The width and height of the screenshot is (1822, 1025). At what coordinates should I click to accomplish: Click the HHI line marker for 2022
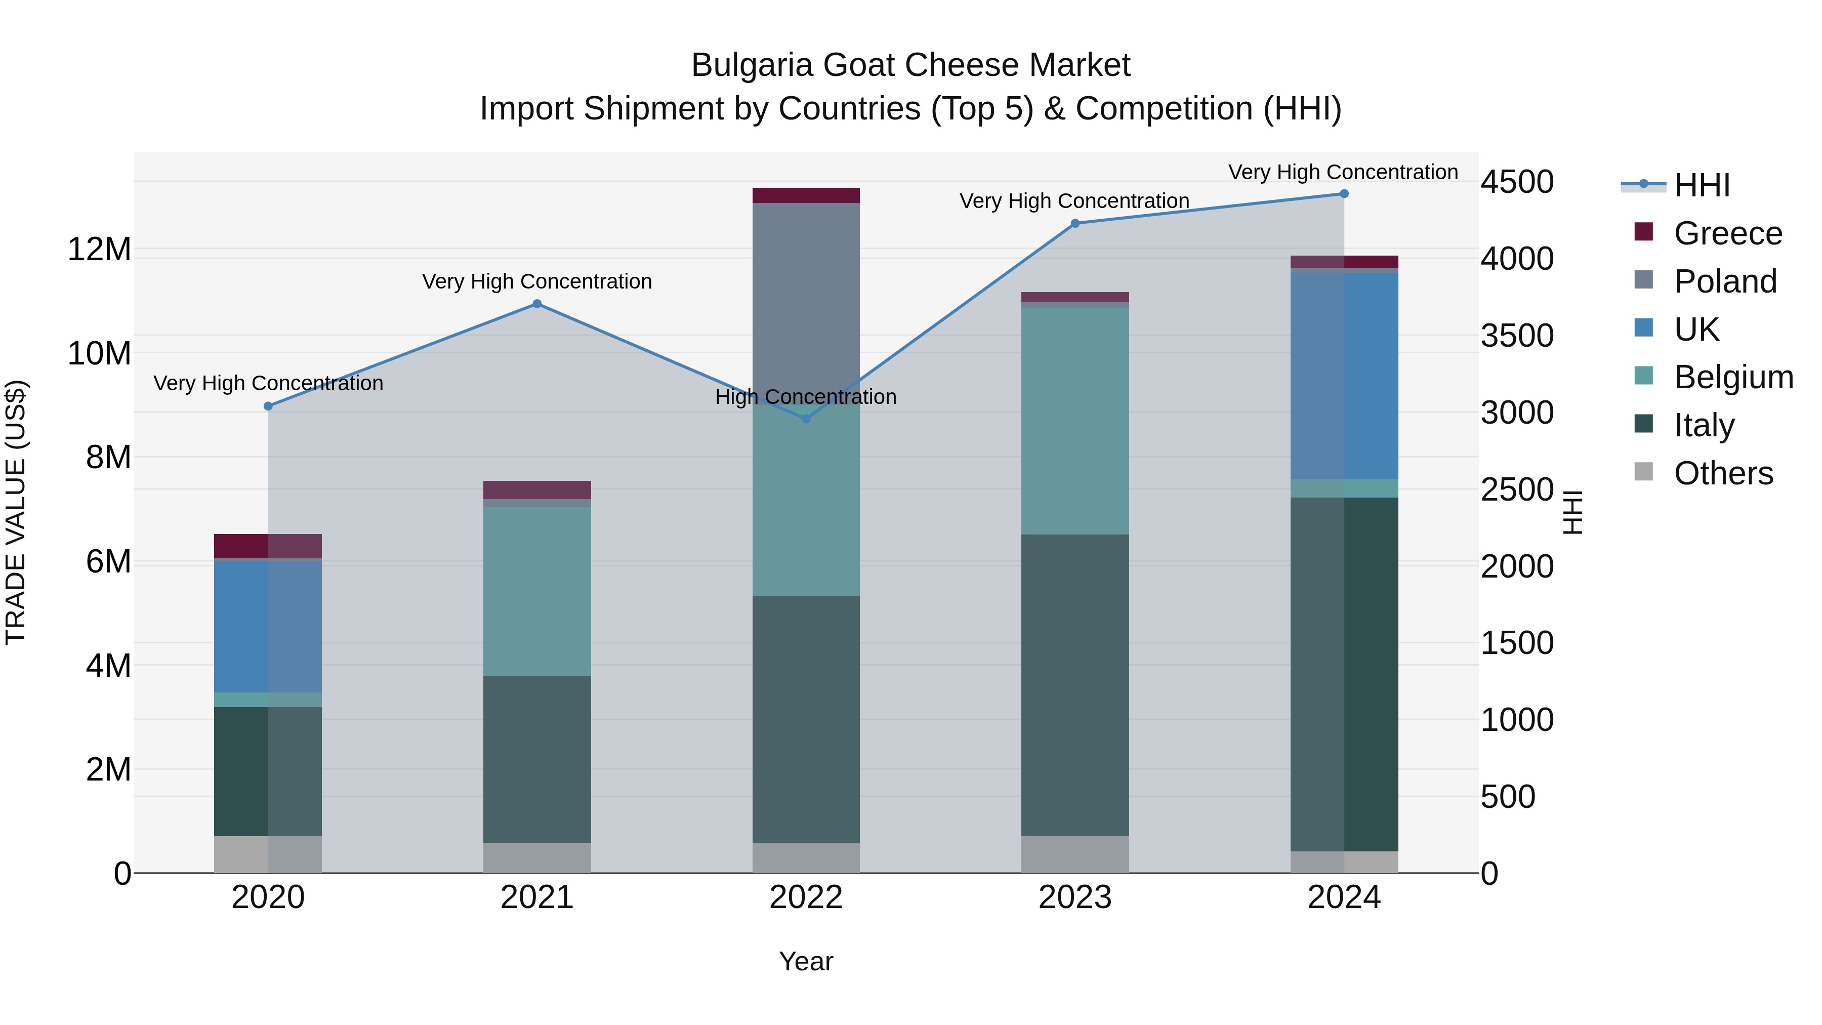tap(806, 419)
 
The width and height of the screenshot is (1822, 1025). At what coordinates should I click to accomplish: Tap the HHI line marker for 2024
tap(1344, 194)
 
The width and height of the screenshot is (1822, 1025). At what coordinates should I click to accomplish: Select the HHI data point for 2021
tap(537, 304)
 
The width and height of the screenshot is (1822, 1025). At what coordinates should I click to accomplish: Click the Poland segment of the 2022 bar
tap(806, 297)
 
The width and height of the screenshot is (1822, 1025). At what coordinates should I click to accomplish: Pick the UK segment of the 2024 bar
tap(1344, 375)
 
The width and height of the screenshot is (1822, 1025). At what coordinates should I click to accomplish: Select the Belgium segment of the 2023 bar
tap(1074, 421)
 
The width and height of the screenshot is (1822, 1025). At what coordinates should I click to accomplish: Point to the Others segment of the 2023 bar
tap(1074, 854)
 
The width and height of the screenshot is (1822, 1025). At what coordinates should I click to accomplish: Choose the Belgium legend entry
tap(1733, 377)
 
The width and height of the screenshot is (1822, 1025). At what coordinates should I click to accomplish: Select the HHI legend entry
tap(1701, 185)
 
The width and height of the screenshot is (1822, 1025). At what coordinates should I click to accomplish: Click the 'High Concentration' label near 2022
tap(806, 397)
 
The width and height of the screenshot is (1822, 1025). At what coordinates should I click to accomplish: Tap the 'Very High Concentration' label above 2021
tap(537, 281)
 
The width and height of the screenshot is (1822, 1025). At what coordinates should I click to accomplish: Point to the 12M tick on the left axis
tap(99, 250)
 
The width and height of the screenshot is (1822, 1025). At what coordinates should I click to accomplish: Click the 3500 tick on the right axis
tap(1517, 336)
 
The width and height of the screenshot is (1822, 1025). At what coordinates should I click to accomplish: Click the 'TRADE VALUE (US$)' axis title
tap(16, 512)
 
